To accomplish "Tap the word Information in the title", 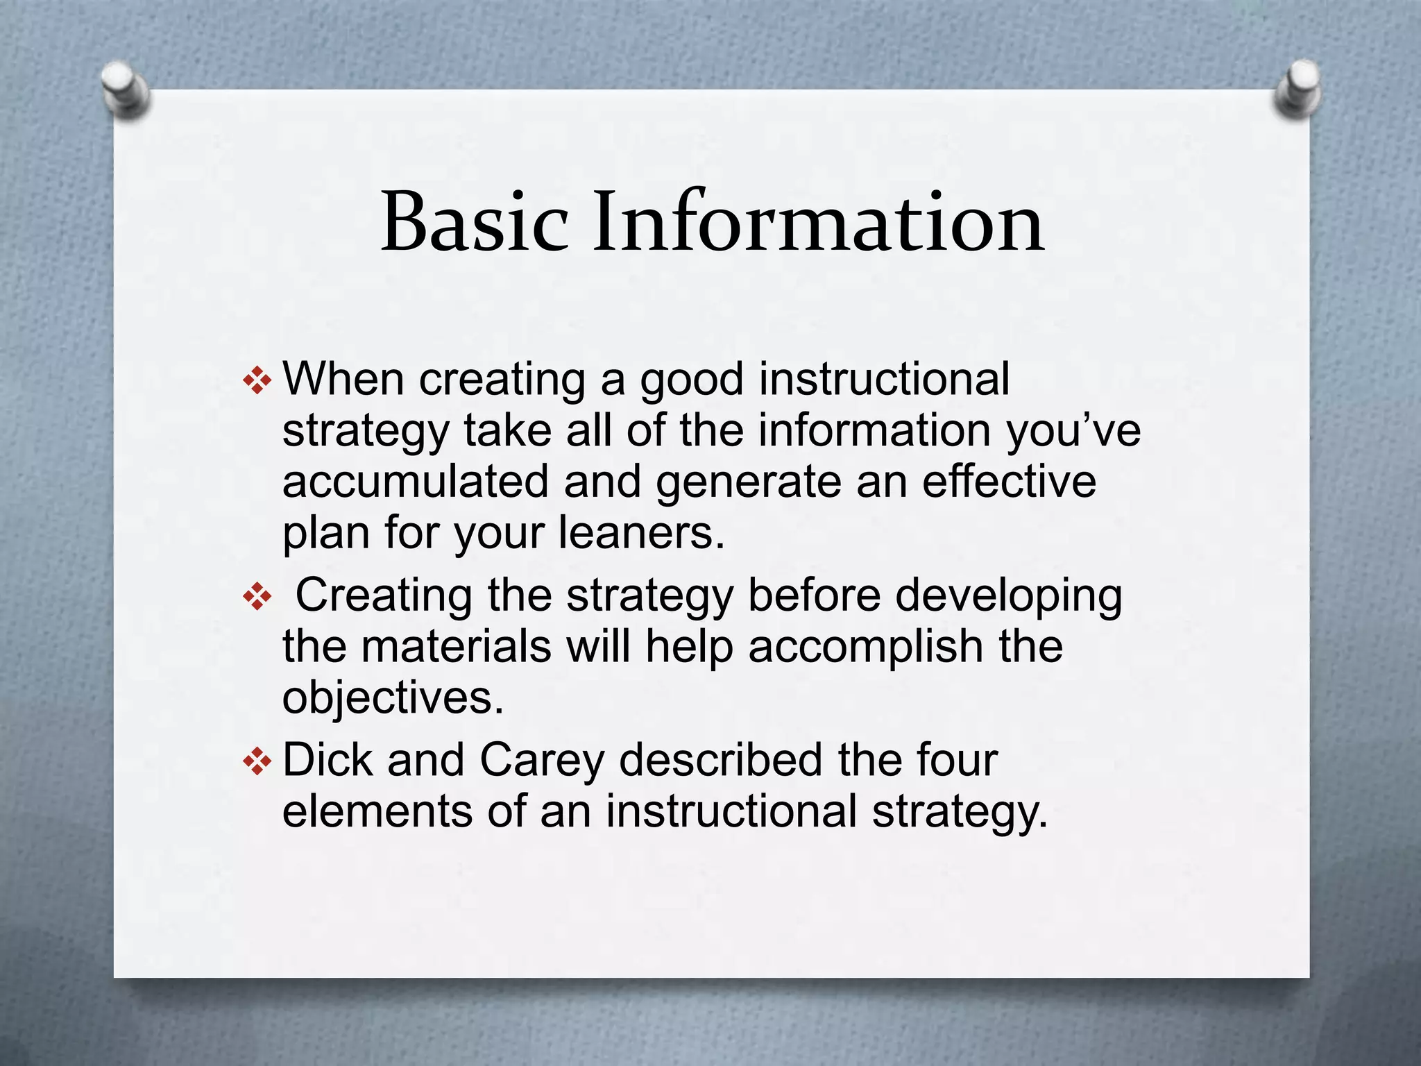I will (818, 222).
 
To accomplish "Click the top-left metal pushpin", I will (124, 88).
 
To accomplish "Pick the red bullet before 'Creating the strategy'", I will (257, 597).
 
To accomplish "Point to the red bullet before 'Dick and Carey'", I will (257, 761).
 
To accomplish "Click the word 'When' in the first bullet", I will (343, 380).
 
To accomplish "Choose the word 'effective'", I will (1009, 482).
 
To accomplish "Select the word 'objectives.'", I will (393, 698).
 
